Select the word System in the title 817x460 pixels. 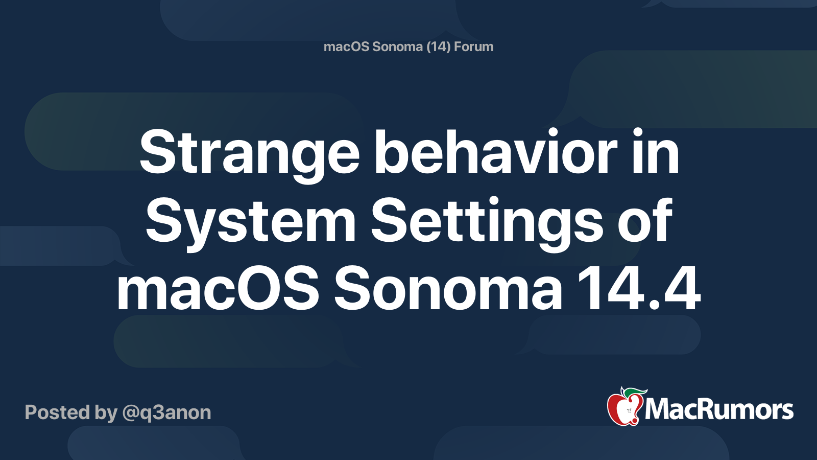click(x=250, y=222)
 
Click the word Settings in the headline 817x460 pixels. click(x=488, y=222)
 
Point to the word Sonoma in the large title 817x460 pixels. click(x=448, y=290)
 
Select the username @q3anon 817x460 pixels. click(x=166, y=412)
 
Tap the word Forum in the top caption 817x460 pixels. click(x=473, y=47)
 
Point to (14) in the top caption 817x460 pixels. click(x=439, y=47)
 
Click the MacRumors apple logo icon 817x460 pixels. click(x=624, y=407)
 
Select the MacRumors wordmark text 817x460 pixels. click(x=719, y=409)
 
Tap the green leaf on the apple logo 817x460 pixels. click(x=635, y=393)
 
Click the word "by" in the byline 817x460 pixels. click(x=106, y=413)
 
